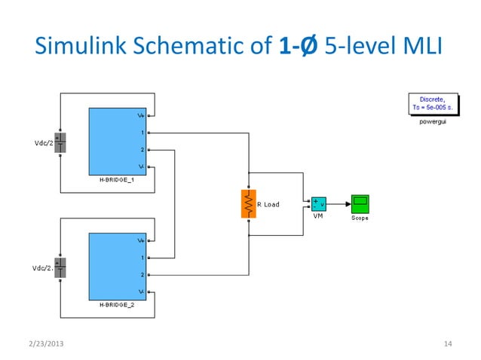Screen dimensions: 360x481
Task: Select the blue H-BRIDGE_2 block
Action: [x=117, y=266]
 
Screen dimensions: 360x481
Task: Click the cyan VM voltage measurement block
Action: [x=318, y=204]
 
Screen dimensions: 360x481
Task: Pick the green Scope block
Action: [x=360, y=203]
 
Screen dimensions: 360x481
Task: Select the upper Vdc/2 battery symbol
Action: [x=62, y=143]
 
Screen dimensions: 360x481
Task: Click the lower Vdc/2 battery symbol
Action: [x=62, y=267]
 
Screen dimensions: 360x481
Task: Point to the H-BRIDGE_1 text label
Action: [x=117, y=181]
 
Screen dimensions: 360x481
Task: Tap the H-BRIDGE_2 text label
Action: [x=117, y=306]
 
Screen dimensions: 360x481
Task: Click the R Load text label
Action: [x=268, y=204]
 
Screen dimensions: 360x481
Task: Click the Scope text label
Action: [x=360, y=218]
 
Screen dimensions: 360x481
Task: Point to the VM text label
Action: [x=317, y=215]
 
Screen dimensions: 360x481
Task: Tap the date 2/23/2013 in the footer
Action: [x=44, y=344]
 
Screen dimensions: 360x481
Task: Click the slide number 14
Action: [x=448, y=344]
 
